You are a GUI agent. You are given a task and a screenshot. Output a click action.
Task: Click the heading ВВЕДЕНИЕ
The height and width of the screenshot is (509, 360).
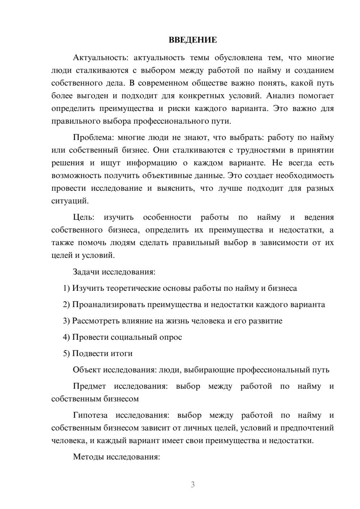193,40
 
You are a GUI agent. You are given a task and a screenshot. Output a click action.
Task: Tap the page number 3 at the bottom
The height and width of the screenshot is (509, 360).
193,485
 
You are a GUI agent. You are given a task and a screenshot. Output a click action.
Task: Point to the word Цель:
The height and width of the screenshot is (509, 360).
84,217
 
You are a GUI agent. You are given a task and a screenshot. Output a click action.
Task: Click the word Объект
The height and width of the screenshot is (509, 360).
87,370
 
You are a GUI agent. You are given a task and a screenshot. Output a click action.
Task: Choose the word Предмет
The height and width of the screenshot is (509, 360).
89,386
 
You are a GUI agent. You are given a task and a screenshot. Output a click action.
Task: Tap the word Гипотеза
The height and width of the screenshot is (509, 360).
90,415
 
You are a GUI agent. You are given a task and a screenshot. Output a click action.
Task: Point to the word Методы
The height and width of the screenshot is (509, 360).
87,457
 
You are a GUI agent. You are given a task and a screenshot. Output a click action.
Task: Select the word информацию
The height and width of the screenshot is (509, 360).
152,163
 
